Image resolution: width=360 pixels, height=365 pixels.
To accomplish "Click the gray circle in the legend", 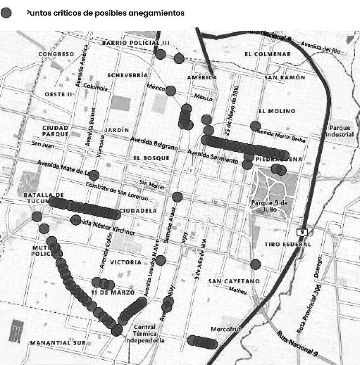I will (x=6, y=13).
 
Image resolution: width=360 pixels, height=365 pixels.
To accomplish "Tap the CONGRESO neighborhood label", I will (x=56, y=54).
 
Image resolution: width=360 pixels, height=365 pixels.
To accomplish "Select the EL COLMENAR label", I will (x=268, y=54).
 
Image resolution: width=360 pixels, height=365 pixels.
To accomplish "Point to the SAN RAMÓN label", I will (x=285, y=78).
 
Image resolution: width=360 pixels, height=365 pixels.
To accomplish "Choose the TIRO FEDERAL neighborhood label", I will (x=288, y=244).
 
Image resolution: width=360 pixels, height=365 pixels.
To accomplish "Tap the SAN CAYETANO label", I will (x=234, y=282).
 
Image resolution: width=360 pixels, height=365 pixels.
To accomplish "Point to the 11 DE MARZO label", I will (x=113, y=293).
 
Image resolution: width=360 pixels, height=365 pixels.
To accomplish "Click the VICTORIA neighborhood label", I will (x=126, y=262).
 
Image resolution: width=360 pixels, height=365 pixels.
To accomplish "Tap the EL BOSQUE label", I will (x=151, y=158).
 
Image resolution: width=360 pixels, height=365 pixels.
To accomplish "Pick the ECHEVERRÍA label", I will (x=127, y=75).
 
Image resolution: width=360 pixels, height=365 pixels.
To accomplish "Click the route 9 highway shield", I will (x=302, y=232).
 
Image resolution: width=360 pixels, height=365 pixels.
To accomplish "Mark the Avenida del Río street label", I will (x=320, y=48).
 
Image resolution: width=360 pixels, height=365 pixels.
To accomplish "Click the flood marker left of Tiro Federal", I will (x=255, y=264).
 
